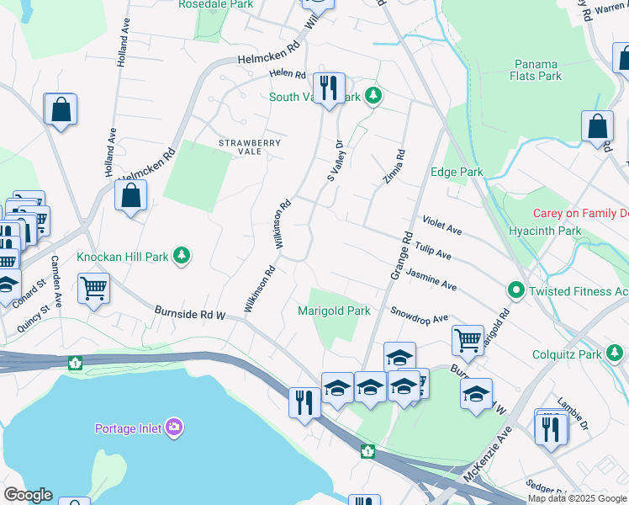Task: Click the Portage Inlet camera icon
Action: point(174,428)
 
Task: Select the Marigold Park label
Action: point(334,311)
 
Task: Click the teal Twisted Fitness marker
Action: point(515,291)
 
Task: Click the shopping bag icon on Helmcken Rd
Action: point(131,196)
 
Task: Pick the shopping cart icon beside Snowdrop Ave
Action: point(468,340)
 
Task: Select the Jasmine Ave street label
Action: point(431,280)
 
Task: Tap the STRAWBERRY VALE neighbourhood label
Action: point(250,147)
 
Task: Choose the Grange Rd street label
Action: point(399,256)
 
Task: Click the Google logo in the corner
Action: point(27,495)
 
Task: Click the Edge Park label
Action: point(457,172)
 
